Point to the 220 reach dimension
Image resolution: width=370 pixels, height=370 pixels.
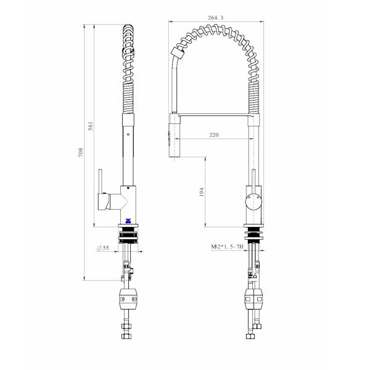[x=215, y=134]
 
